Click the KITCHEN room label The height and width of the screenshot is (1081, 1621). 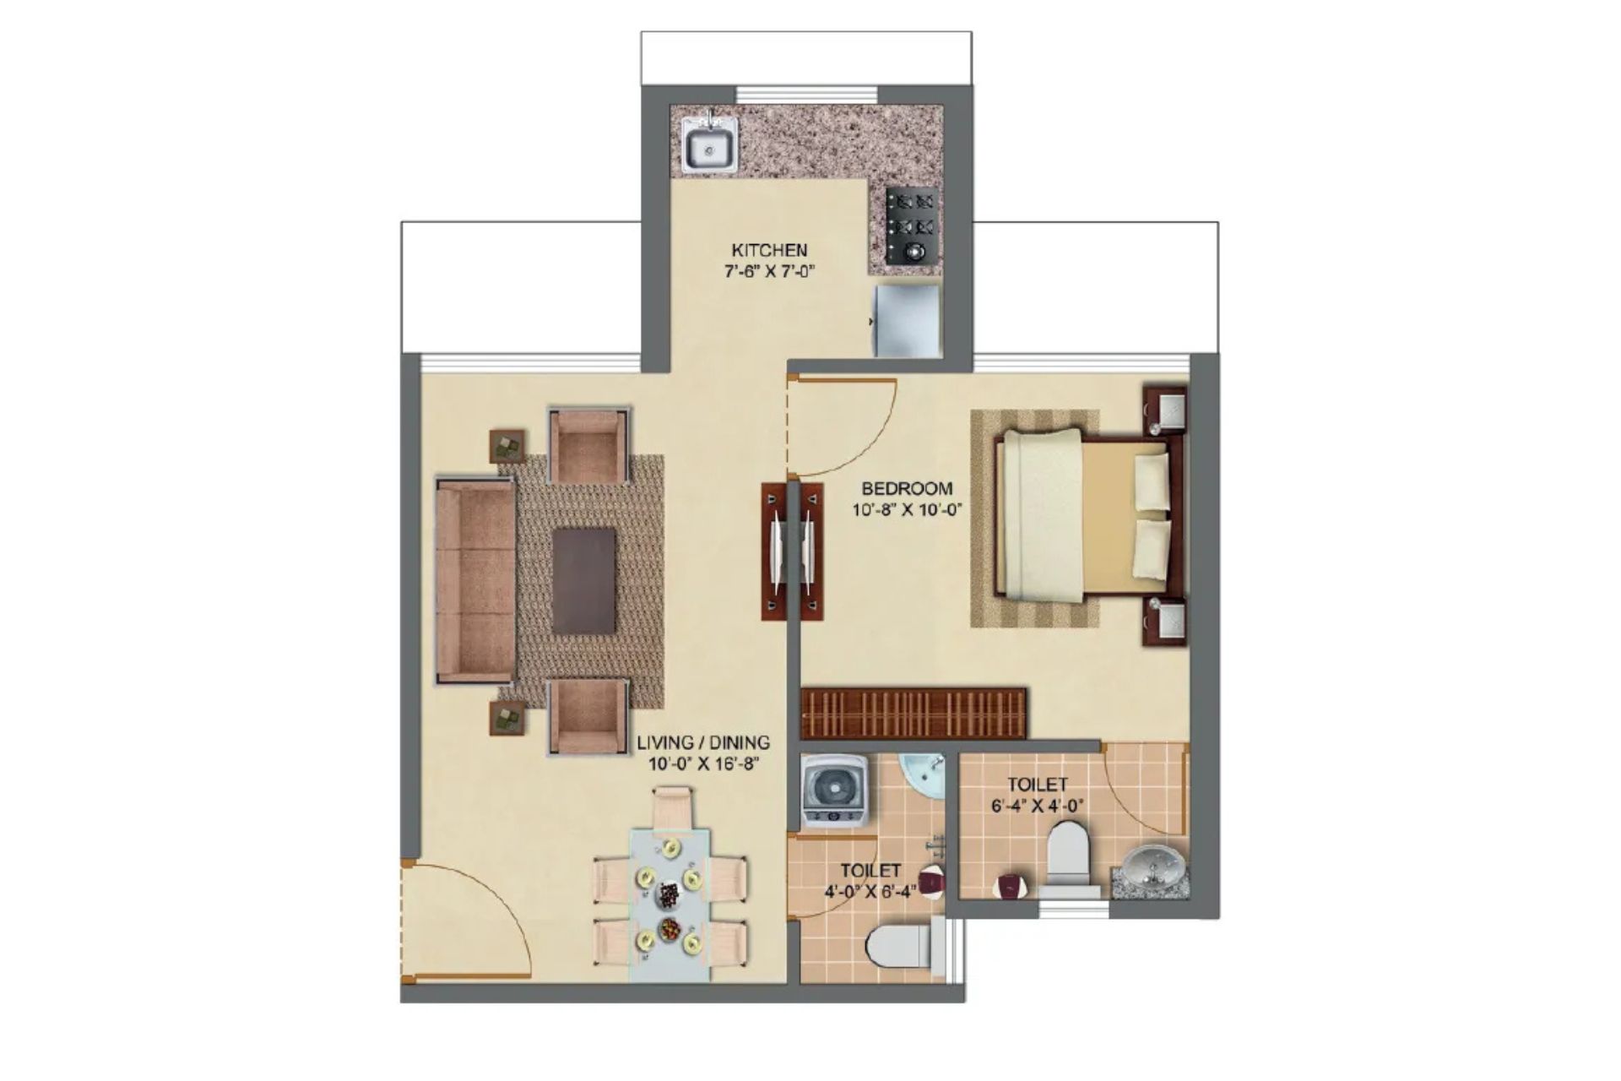click(x=769, y=250)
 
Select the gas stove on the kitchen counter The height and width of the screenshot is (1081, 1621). click(x=912, y=225)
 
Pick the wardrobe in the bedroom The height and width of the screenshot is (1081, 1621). click(x=914, y=714)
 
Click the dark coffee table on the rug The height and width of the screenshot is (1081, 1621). click(x=584, y=581)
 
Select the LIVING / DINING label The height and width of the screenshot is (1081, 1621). click(x=703, y=743)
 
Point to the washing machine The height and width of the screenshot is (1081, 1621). click(x=834, y=790)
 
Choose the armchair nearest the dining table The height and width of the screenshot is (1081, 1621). click(x=588, y=716)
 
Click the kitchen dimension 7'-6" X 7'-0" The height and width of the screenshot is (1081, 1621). click(x=769, y=272)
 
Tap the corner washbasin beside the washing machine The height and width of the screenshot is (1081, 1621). click(x=923, y=774)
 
